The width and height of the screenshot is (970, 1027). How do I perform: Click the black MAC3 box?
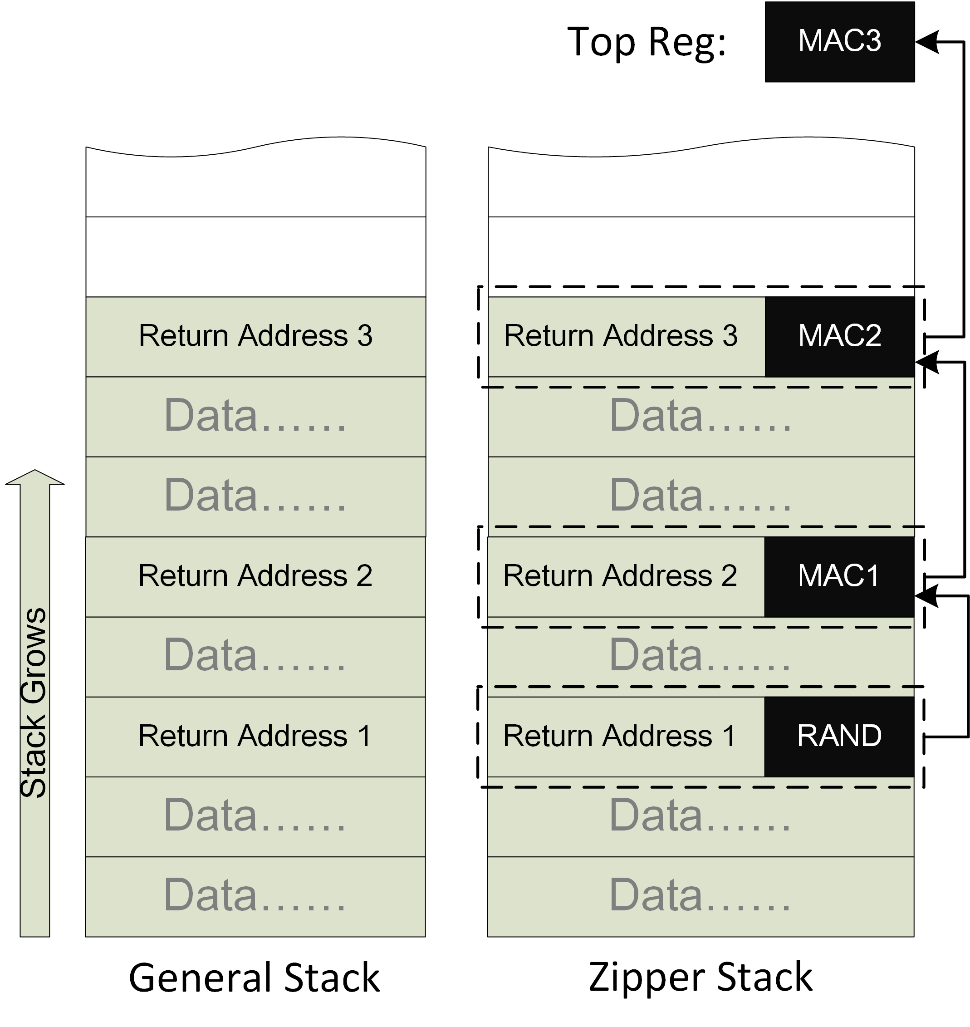(x=839, y=41)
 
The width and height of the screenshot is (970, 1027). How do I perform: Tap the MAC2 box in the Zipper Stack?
(x=839, y=336)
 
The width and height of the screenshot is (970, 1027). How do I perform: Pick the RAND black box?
(x=839, y=737)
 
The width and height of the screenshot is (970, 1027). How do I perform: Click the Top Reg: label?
(x=647, y=42)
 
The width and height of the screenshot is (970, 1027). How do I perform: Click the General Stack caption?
(x=255, y=978)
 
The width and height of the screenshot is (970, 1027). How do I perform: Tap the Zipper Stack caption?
(x=700, y=978)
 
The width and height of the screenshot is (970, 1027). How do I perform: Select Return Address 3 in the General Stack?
(x=255, y=336)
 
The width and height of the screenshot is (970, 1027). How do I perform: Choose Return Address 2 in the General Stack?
(x=255, y=576)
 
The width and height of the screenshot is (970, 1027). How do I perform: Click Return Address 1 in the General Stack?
(x=255, y=737)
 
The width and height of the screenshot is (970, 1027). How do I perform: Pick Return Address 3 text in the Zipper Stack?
(x=621, y=336)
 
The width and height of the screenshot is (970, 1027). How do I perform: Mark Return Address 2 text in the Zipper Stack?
(x=620, y=576)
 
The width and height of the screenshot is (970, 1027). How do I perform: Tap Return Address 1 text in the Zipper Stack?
(x=620, y=737)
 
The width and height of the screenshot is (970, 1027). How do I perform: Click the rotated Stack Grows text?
(x=34, y=703)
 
